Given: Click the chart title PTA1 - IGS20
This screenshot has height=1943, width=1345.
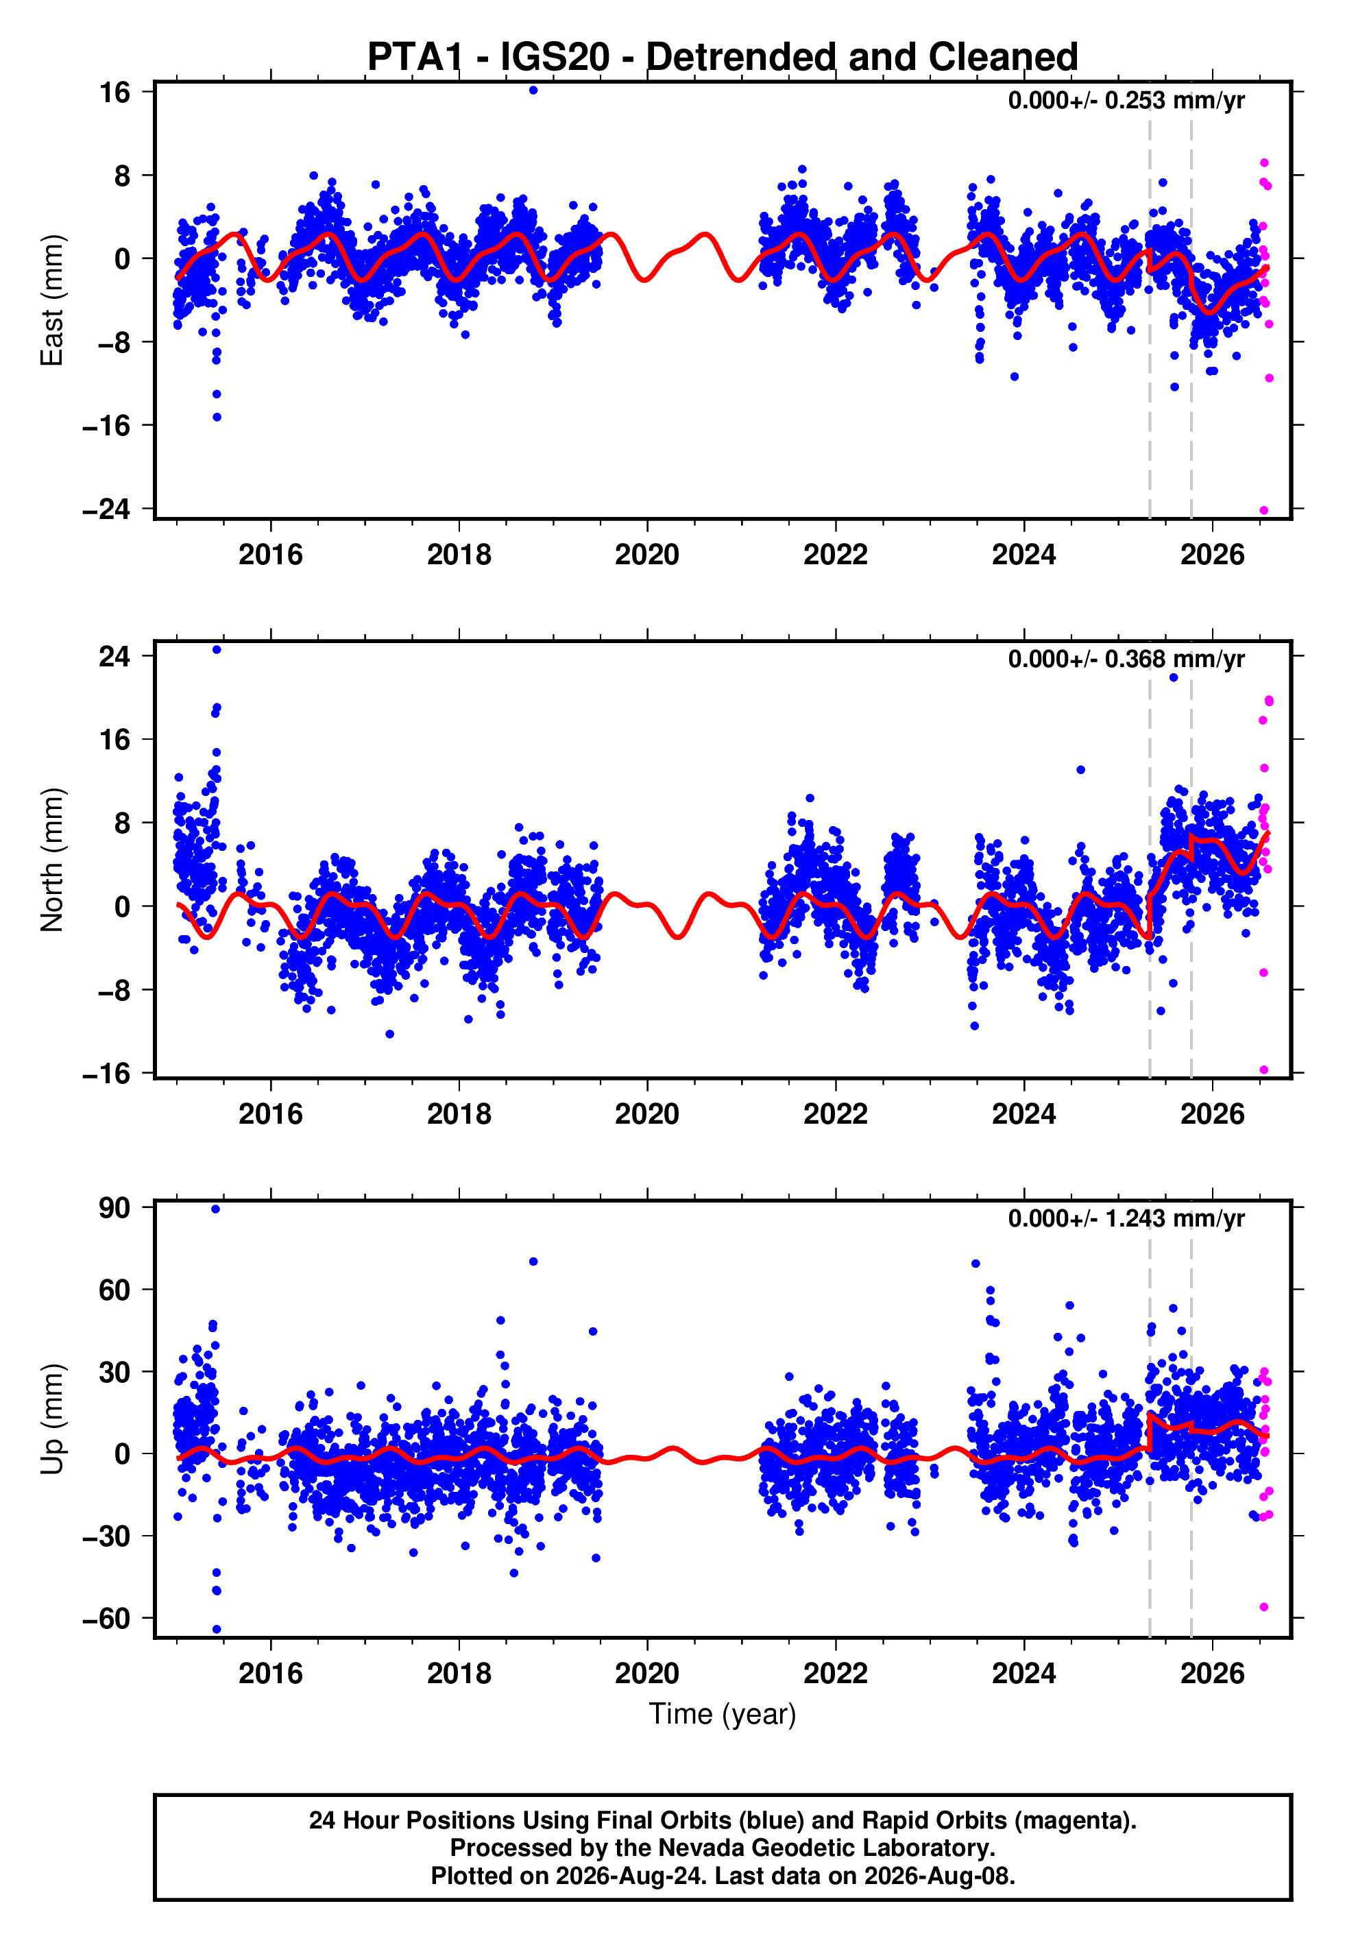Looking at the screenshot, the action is [488, 58].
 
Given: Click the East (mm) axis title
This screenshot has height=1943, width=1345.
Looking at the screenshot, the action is [51, 300].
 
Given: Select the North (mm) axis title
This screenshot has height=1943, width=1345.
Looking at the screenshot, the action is [51, 860].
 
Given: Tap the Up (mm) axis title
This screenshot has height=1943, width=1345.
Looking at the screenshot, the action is [51, 1419].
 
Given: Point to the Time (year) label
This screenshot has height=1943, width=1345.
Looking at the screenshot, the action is [723, 1715].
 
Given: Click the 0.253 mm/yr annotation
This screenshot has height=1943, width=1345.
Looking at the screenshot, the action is [1175, 100].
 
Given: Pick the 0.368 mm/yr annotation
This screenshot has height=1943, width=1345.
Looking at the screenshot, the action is [1175, 659].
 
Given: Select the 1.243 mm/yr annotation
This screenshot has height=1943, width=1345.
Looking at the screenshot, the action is [1175, 1218].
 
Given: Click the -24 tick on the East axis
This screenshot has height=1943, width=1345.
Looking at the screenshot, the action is [106, 509].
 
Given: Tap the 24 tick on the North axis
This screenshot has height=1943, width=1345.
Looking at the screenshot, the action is [114, 655].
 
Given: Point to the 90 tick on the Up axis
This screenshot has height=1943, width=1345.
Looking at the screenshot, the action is [114, 1207].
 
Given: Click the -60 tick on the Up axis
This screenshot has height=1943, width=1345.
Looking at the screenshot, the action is [106, 1619].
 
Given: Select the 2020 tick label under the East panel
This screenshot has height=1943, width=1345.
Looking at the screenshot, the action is [646, 555].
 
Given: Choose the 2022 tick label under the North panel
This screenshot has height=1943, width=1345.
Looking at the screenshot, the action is [835, 1114].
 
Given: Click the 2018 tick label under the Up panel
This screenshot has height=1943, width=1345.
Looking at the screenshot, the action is [459, 1674].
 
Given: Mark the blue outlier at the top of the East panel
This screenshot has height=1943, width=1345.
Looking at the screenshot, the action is [533, 90].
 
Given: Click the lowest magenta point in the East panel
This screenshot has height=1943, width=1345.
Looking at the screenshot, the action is [1263, 510].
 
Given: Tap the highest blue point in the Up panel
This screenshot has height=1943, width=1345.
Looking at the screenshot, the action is [216, 1209].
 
